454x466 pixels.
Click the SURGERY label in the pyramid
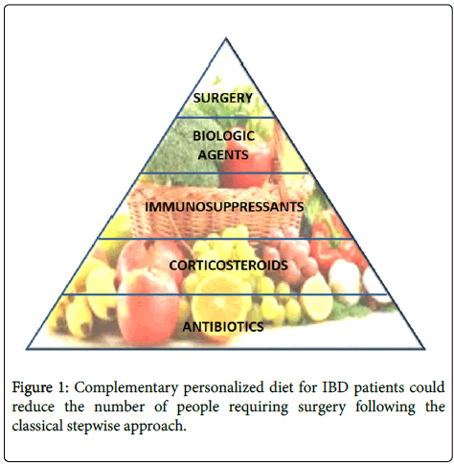click(x=223, y=98)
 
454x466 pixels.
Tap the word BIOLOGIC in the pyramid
click(x=224, y=136)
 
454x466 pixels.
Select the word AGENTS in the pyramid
click(x=223, y=155)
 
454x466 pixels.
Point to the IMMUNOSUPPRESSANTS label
click(x=224, y=207)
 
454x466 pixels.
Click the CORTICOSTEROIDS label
click(x=228, y=266)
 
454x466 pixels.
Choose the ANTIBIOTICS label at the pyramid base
click(x=223, y=327)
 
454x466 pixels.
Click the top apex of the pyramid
click(x=226, y=38)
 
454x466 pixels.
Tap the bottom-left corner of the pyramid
click(x=27, y=349)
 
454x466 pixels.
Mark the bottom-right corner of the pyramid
click(x=425, y=349)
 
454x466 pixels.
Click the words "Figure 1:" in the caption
click(x=40, y=387)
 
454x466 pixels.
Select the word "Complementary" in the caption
click(x=126, y=388)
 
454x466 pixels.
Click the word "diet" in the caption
click(x=282, y=387)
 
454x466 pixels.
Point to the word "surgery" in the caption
click(x=322, y=408)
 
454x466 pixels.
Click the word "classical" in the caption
click(x=37, y=426)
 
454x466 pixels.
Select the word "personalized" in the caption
click(x=223, y=388)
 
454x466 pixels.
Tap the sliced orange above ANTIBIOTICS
click(x=219, y=300)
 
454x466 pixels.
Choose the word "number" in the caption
click(x=120, y=407)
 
